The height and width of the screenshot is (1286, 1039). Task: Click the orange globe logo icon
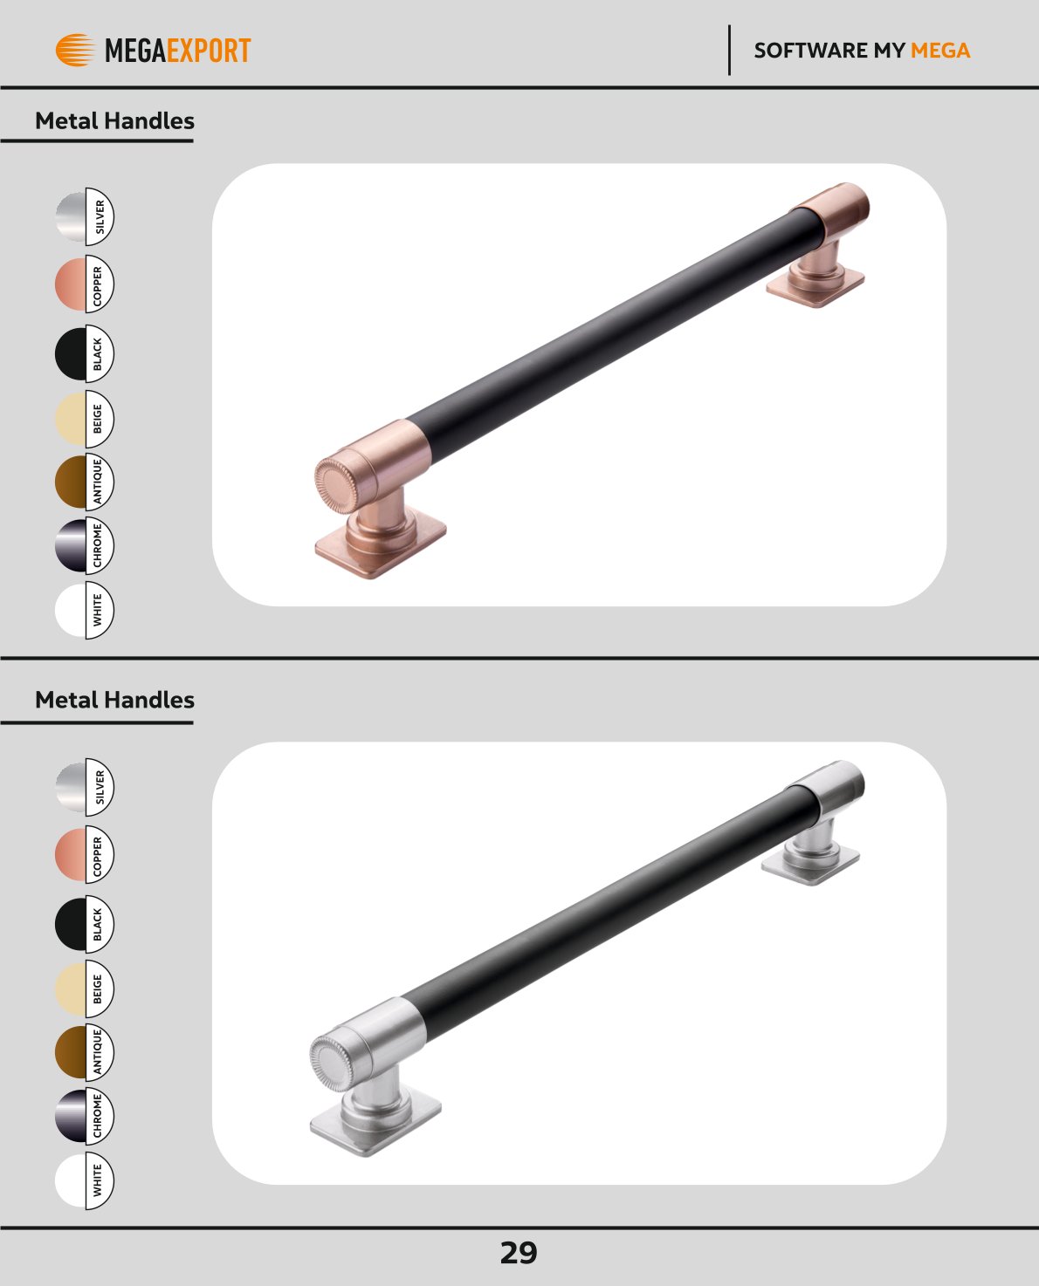(x=75, y=50)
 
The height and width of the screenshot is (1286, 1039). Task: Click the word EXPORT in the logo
(x=209, y=50)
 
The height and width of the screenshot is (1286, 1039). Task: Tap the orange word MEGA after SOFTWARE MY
(x=940, y=50)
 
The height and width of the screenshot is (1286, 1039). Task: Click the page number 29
(x=519, y=1253)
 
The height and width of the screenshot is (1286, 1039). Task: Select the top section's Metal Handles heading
(x=114, y=120)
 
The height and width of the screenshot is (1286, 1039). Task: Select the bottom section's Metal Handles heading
(x=114, y=700)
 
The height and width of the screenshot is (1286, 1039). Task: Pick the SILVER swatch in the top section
(x=85, y=216)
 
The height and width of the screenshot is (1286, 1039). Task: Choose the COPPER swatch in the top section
(x=85, y=284)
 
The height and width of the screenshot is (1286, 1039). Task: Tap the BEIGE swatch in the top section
(x=85, y=419)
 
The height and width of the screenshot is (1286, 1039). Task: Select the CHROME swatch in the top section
(x=85, y=545)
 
